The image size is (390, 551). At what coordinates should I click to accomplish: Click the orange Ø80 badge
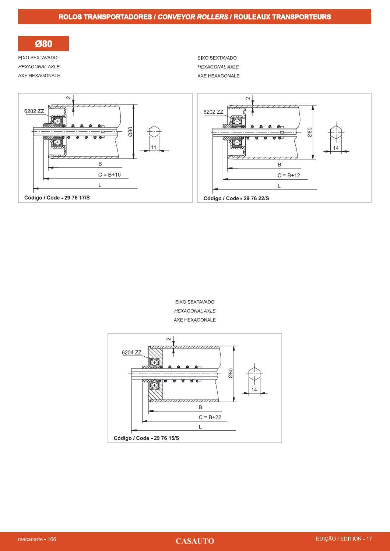coord(43,43)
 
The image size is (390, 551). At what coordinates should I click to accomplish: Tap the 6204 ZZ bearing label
coord(131,353)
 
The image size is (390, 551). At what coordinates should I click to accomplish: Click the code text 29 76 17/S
coord(77,198)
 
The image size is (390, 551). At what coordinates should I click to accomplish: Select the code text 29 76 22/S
coord(256,198)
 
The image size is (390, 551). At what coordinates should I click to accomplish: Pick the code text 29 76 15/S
coord(166,438)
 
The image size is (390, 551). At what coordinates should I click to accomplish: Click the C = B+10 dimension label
coord(109,174)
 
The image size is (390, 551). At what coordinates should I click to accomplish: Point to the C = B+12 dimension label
coord(289,176)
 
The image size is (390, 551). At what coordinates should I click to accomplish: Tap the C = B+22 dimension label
coord(210,417)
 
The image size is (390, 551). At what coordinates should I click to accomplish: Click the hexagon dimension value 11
coord(154,147)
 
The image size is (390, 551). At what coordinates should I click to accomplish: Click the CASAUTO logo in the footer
coord(195,541)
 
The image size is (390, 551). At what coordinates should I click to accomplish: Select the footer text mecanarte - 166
coord(37,539)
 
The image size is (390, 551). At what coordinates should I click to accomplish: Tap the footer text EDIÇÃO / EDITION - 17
coord(344,539)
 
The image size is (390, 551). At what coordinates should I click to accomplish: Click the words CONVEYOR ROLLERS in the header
coord(193,17)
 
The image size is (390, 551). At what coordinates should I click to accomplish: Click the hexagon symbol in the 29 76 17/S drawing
coord(154,131)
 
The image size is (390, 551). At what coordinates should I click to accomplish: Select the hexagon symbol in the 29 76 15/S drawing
coord(254,374)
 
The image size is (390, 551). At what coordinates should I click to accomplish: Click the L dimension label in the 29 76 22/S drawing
coord(279,186)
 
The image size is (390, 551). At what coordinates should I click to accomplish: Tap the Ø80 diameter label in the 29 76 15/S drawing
coord(230,373)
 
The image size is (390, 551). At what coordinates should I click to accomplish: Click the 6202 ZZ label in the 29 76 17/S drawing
coord(34,111)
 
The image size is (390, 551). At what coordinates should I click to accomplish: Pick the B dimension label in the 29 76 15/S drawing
coord(200,407)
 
